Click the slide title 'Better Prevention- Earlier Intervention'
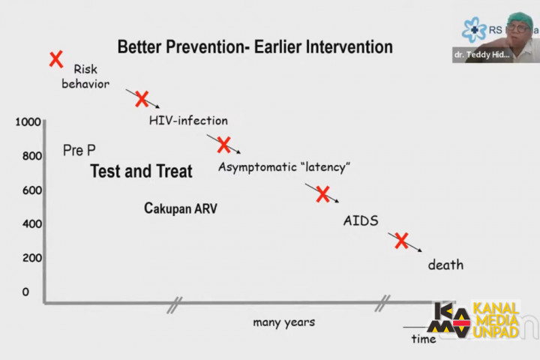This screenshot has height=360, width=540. tap(254, 47)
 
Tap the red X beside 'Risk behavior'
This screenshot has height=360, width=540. tap(55, 59)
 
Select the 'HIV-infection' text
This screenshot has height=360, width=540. tap(187, 120)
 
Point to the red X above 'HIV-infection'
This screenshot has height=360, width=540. tap(141, 99)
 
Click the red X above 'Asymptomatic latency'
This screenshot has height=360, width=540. tap(223, 145)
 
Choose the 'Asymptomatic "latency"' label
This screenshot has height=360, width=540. tap(284, 166)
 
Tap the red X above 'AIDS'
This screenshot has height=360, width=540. tap(322, 194)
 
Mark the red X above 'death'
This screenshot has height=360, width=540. tap(401, 241)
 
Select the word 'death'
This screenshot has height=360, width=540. tap(445, 264)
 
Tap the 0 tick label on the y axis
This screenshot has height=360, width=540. tap(25, 292)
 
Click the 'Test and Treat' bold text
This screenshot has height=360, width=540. tap(141, 171)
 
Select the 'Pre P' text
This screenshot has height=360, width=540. tap(78, 151)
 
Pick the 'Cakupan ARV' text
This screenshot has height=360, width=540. tap(181, 208)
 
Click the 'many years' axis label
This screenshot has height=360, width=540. tap(283, 322)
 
